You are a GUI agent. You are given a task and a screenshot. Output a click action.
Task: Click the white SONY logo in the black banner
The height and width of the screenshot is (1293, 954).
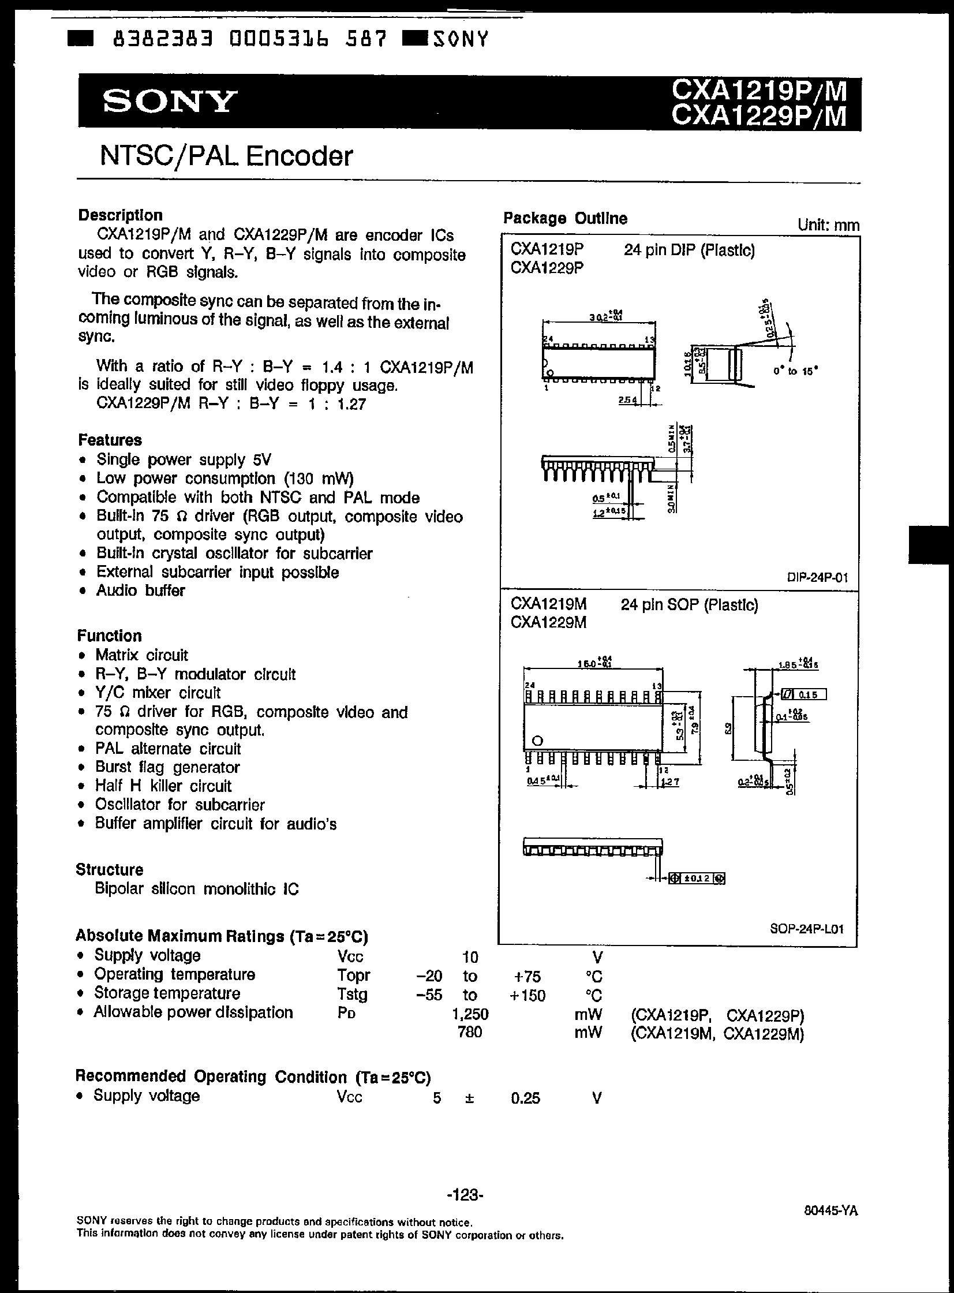coord(170,102)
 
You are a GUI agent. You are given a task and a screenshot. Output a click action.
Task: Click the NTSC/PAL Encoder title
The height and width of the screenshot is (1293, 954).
coord(226,156)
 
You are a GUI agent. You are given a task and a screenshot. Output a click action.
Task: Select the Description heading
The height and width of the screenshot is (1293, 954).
coord(120,215)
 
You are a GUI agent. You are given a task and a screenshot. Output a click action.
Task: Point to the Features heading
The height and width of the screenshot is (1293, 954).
coord(110,440)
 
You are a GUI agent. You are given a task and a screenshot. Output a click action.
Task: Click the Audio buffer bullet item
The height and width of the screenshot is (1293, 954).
coord(140,590)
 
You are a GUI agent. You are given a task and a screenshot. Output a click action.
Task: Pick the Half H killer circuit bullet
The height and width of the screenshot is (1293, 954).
coord(163,786)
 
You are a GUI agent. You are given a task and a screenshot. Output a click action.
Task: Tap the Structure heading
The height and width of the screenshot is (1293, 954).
coord(109,870)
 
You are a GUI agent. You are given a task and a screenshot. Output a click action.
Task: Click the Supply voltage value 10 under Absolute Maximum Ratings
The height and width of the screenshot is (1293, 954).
coord(470,958)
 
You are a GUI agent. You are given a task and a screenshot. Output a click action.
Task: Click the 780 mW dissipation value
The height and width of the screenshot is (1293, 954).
coord(469,1032)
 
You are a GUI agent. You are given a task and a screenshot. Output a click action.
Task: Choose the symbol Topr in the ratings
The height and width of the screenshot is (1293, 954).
coord(353,976)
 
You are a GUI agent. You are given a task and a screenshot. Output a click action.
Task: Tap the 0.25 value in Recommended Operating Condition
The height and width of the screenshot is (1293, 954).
coord(526,1098)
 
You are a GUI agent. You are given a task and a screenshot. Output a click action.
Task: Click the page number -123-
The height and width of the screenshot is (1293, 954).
coord(465,1194)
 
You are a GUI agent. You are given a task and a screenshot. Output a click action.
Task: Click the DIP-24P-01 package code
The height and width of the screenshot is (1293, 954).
coord(817,577)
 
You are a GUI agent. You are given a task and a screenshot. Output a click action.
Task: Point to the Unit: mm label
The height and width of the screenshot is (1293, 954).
coord(828,225)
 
